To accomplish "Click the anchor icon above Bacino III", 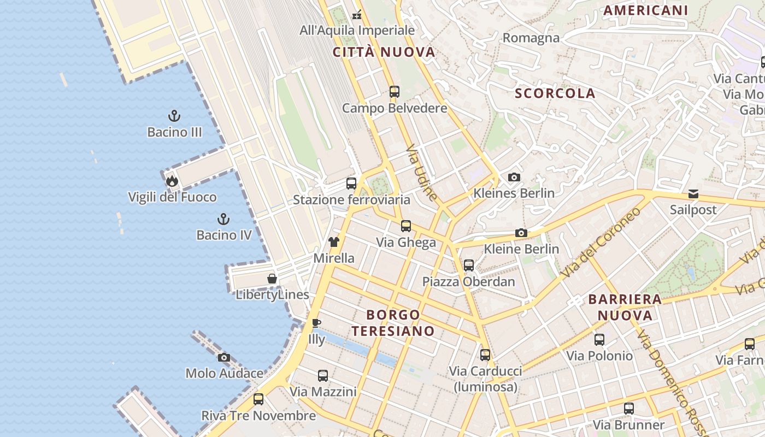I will coord(174,116).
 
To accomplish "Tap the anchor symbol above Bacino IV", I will coord(223,219).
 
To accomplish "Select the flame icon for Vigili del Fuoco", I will coord(172,181).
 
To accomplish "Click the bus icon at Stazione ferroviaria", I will coord(351,184).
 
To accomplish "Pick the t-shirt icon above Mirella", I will coord(334,242).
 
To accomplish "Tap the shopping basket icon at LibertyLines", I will coord(272,279).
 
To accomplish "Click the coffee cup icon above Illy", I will coord(316,323).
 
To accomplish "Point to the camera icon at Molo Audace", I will coord(223,358).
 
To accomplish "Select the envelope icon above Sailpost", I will coord(693,194).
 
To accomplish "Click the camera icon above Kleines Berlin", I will coord(514,177).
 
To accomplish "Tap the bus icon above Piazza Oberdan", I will coord(469,265).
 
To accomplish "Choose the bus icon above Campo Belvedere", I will coord(395,92).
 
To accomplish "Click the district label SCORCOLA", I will coord(555,93).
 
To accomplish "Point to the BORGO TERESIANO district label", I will coord(393,323).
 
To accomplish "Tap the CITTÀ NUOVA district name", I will coord(384,52).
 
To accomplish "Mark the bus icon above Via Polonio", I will coord(599,340).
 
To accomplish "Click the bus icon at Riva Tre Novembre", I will coord(258,399).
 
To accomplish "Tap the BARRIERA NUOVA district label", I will coord(625,307).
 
